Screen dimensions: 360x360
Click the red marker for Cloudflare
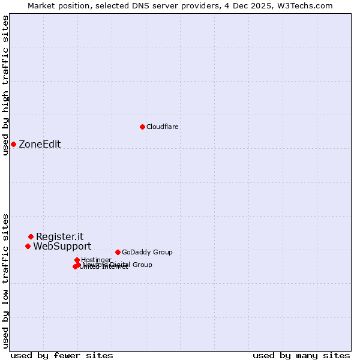(142, 127)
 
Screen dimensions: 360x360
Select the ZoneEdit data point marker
(13, 144)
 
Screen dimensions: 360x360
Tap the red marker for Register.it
(31, 236)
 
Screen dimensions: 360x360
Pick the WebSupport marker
(28, 246)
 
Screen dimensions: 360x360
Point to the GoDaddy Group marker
(118, 252)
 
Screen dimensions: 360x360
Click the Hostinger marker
(77, 260)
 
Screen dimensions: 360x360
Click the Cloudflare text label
(163, 127)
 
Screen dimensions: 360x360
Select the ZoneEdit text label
(40, 144)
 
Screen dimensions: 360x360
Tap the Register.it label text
(60, 236)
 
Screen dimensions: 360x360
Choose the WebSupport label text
(62, 246)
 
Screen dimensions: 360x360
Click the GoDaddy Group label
(147, 252)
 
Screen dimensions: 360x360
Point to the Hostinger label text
(96, 260)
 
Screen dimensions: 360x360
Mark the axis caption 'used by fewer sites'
(62, 355)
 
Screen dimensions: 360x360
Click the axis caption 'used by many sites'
(301, 355)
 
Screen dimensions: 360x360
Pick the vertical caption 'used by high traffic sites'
(5, 85)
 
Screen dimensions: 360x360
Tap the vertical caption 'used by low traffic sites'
(5, 280)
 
